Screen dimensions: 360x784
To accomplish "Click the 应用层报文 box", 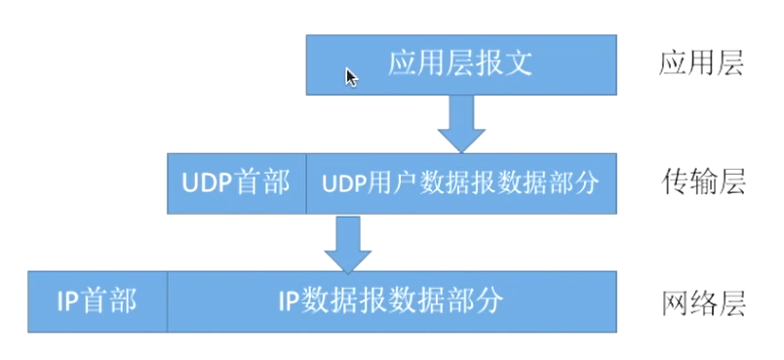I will pos(461,64).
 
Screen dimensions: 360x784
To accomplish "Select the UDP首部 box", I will pos(236,182).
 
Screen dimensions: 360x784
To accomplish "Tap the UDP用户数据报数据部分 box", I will pos(461,182).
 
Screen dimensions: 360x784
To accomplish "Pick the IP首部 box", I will pos(98,300).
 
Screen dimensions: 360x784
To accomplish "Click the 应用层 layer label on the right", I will pos(702,63).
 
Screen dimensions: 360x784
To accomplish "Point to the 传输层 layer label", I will pos(702,182).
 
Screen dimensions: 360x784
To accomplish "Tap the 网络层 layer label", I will pos(702,301).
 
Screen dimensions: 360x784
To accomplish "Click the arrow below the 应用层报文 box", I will pos(461,123).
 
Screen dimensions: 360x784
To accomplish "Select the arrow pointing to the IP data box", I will pos(346,243).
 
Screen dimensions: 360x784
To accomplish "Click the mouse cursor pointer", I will pos(351,77).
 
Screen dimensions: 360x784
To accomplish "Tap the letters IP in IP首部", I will pos(68,300).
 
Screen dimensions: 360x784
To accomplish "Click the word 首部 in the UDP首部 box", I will pos(262,182).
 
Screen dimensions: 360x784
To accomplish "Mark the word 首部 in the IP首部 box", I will pos(109,300).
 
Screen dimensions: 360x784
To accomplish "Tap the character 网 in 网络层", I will pos(674,301).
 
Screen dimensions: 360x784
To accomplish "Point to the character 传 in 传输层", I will pos(674,182).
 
